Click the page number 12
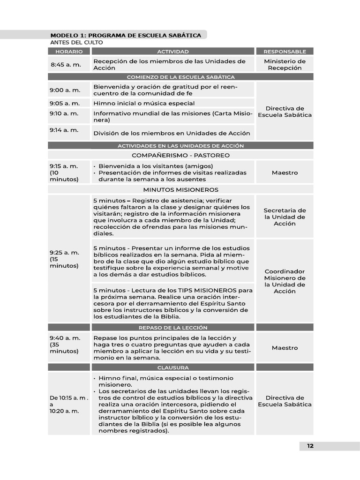pyautogui.click(x=310, y=446)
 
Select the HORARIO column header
pyautogui.click(x=69, y=52)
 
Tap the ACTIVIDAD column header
pyautogui.click(x=173, y=52)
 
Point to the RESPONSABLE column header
pyautogui.click(x=285, y=52)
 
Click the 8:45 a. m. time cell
pyautogui.click(x=65, y=65)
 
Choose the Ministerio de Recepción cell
pyautogui.click(x=285, y=65)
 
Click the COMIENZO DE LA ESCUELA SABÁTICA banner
pyautogui.click(x=180, y=77)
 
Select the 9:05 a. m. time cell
pyautogui.click(x=65, y=103)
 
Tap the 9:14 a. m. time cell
pyautogui.click(x=65, y=130)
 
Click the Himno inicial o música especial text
pyautogui.click(x=144, y=103)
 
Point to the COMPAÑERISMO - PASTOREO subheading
pyautogui.click(x=180, y=155)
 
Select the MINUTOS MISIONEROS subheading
pyautogui.click(x=180, y=190)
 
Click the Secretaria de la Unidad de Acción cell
pyautogui.click(x=285, y=217)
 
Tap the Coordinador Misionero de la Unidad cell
pyautogui.click(x=285, y=281)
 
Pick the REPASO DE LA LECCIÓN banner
pyautogui.click(x=173, y=328)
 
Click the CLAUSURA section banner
pyautogui.click(x=173, y=367)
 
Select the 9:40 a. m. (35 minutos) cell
pyautogui.click(x=65, y=345)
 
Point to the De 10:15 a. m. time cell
pyautogui.click(x=69, y=404)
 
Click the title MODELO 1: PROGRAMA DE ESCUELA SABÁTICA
pyautogui.click(x=126, y=35)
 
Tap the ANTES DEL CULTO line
pyautogui.click(x=76, y=43)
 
